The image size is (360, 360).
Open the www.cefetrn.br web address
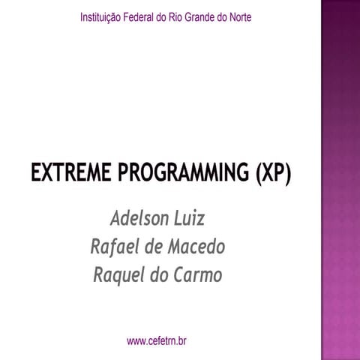(157, 341)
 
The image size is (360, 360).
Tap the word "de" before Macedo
(155, 247)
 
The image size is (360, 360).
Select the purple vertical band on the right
(340, 180)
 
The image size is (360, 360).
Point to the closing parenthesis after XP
(287, 174)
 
